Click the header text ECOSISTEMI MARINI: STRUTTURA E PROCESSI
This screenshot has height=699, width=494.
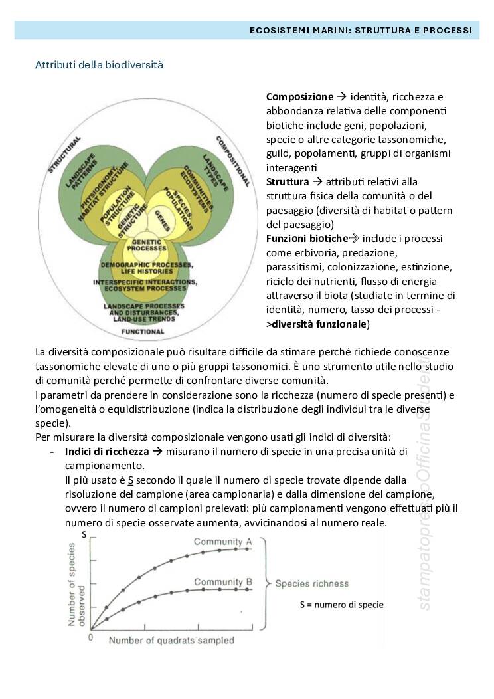[361, 30]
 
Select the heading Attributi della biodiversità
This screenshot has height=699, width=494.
[99, 65]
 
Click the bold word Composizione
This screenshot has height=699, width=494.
[299, 97]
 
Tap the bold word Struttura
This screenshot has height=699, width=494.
[288, 181]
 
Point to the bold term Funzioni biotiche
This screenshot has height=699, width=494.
[307, 238]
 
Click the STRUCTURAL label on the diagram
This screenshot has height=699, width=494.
[64, 155]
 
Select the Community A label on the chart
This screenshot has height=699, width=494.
[222, 542]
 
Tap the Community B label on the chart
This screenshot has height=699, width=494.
[222, 582]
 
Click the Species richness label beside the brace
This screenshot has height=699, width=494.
[311, 584]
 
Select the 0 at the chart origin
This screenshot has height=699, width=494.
[91, 637]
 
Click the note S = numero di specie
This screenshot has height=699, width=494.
[341, 605]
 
